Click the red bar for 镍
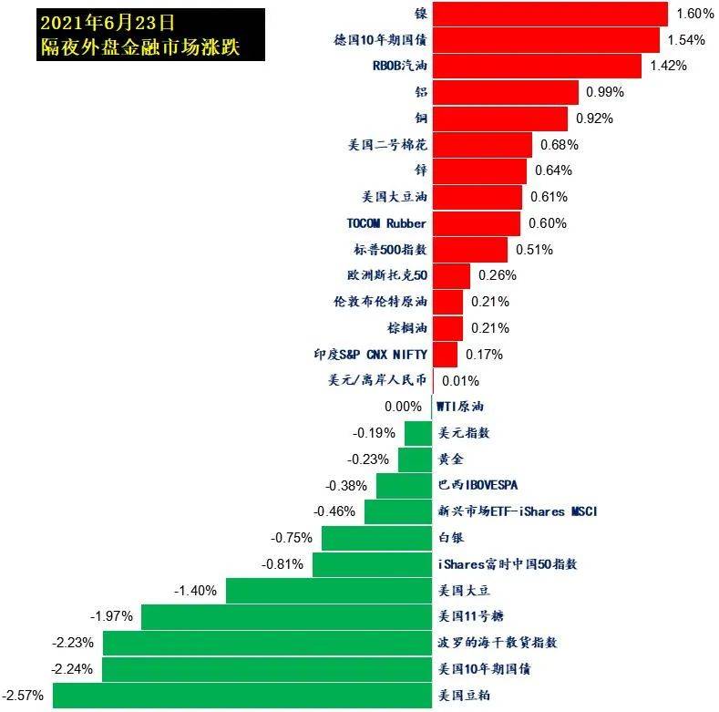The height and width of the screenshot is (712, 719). [x=550, y=14]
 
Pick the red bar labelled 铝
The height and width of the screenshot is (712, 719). [x=505, y=92]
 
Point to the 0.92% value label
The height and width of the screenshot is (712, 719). [x=593, y=119]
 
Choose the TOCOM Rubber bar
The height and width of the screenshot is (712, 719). [x=476, y=223]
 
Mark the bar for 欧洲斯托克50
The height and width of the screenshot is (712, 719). [x=451, y=275]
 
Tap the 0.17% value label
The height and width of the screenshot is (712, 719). [x=484, y=355]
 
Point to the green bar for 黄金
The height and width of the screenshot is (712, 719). [x=415, y=459]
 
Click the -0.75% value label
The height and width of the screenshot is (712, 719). [x=293, y=538]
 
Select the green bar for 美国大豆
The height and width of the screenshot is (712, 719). [x=328, y=591]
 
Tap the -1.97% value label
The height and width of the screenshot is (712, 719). [x=112, y=617]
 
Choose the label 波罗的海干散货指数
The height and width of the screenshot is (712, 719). [x=497, y=643]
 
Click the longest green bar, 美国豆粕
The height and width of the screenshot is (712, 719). [x=241, y=696]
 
